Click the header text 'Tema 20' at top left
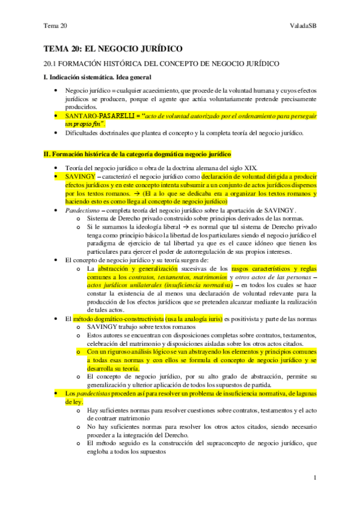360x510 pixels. coord(55,25)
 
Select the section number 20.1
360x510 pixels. coord(50,63)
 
